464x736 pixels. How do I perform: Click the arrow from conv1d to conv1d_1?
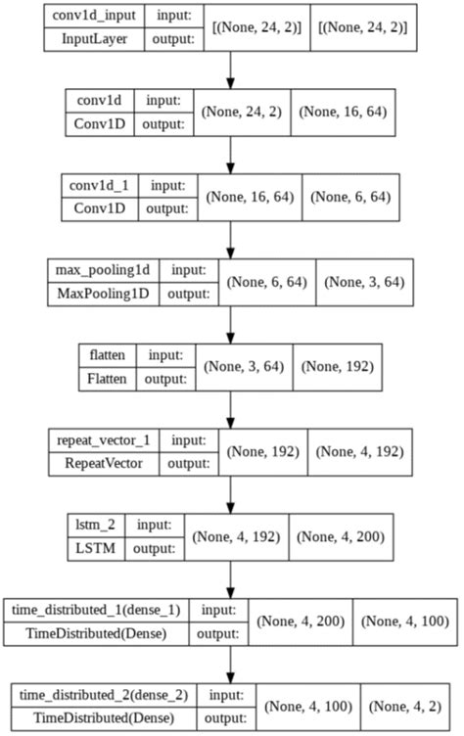(231, 155)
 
